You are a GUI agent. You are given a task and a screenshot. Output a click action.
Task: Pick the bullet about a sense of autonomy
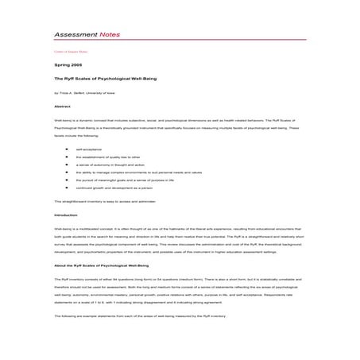pos(108,171)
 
